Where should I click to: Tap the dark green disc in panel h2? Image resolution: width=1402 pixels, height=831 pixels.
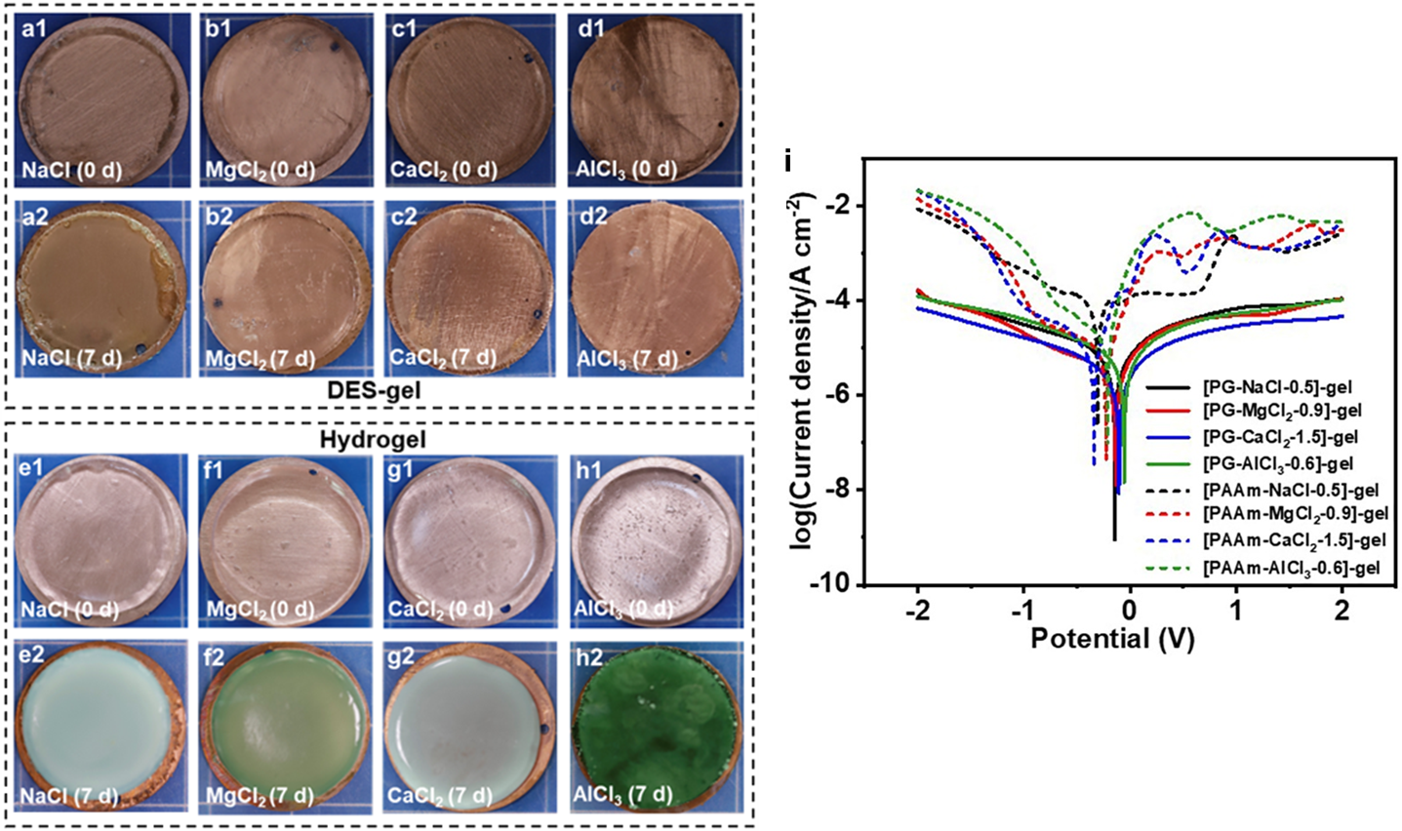pos(652,727)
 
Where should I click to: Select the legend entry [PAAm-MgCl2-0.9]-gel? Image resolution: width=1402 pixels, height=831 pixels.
pos(1296,513)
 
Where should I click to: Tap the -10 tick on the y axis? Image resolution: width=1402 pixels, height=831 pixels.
pos(835,584)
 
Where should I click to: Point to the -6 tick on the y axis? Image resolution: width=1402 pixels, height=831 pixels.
pos(841,395)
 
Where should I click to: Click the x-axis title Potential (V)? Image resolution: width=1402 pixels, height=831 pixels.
pos(1112,639)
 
